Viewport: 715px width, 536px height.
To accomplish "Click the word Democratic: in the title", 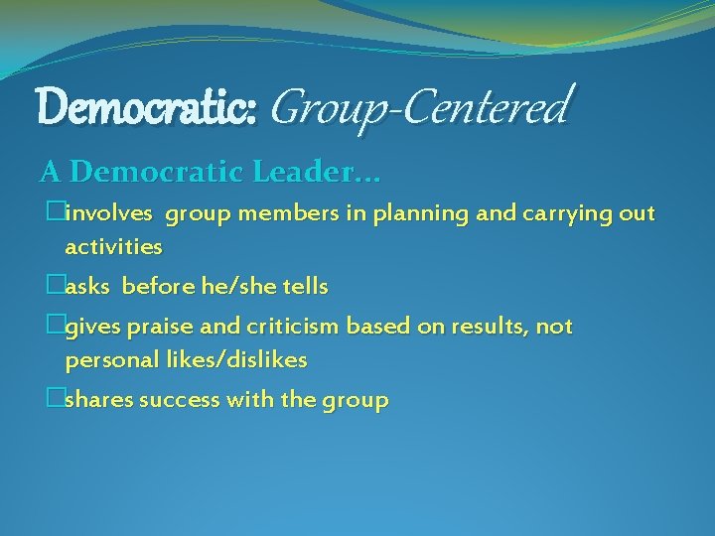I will (x=148, y=106).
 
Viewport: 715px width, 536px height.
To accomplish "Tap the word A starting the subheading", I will (x=51, y=173).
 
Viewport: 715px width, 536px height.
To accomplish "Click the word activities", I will (x=113, y=245).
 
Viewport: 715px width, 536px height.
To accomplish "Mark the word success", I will (x=180, y=400).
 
